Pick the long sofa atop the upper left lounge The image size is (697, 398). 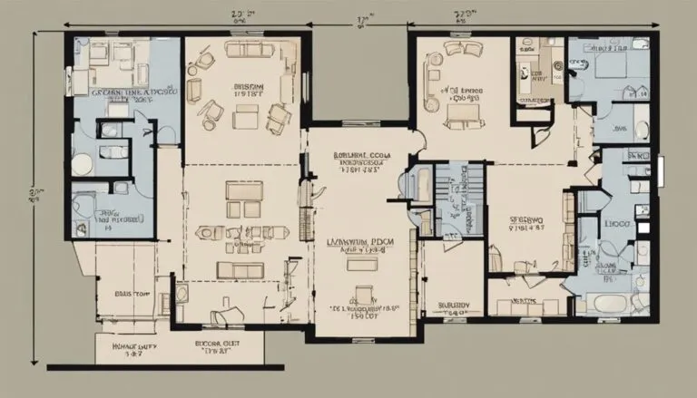[x=241, y=51]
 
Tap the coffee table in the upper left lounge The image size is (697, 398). [x=246, y=116]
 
